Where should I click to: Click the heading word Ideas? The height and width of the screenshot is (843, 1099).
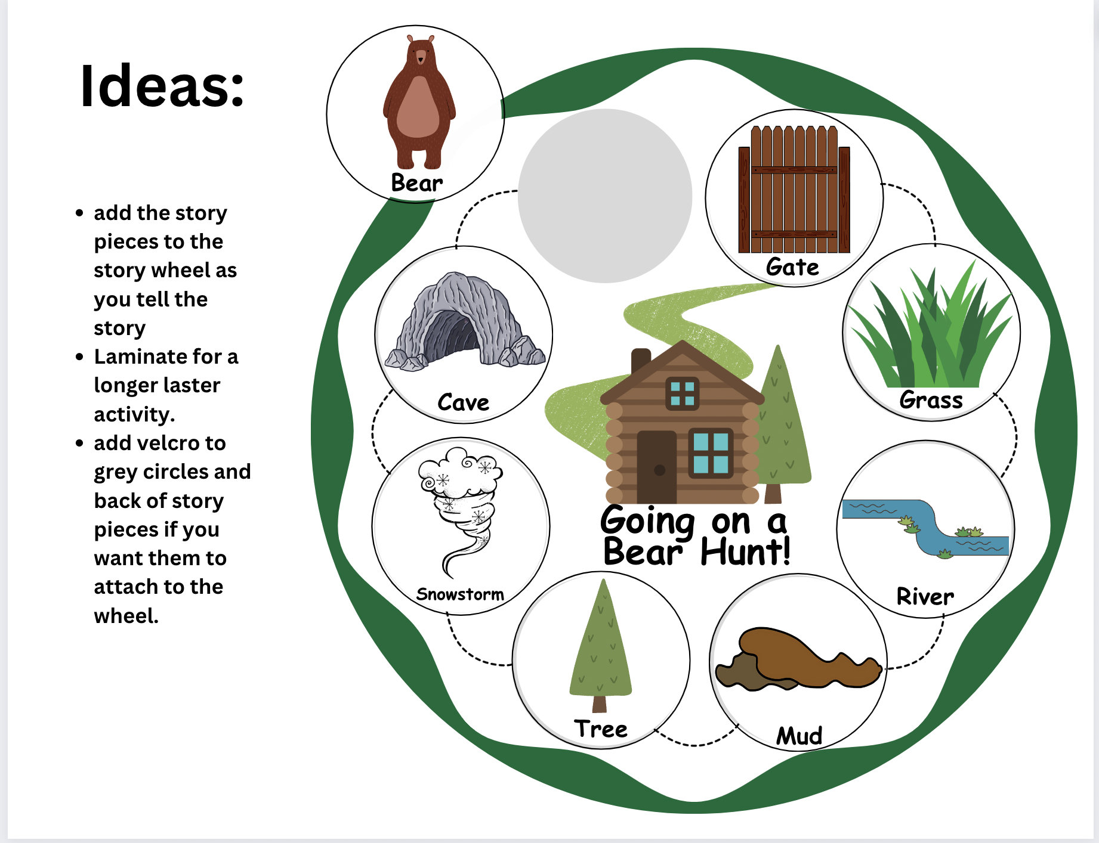point(162,86)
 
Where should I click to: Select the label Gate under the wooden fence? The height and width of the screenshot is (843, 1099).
point(792,266)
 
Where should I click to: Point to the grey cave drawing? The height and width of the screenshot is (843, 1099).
point(464,322)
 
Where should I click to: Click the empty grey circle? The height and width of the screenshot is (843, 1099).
point(604,196)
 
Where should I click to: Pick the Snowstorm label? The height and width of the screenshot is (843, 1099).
point(460,594)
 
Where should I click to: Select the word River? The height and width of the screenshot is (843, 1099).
point(925,596)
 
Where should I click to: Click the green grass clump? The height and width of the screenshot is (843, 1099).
point(931,334)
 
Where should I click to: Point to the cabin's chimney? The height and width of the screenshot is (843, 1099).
point(641,361)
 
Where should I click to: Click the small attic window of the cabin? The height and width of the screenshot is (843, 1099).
point(682,393)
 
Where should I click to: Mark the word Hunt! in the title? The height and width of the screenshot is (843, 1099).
point(746,551)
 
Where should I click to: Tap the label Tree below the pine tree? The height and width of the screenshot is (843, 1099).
point(600,729)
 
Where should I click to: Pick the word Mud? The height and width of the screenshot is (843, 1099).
point(799,736)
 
